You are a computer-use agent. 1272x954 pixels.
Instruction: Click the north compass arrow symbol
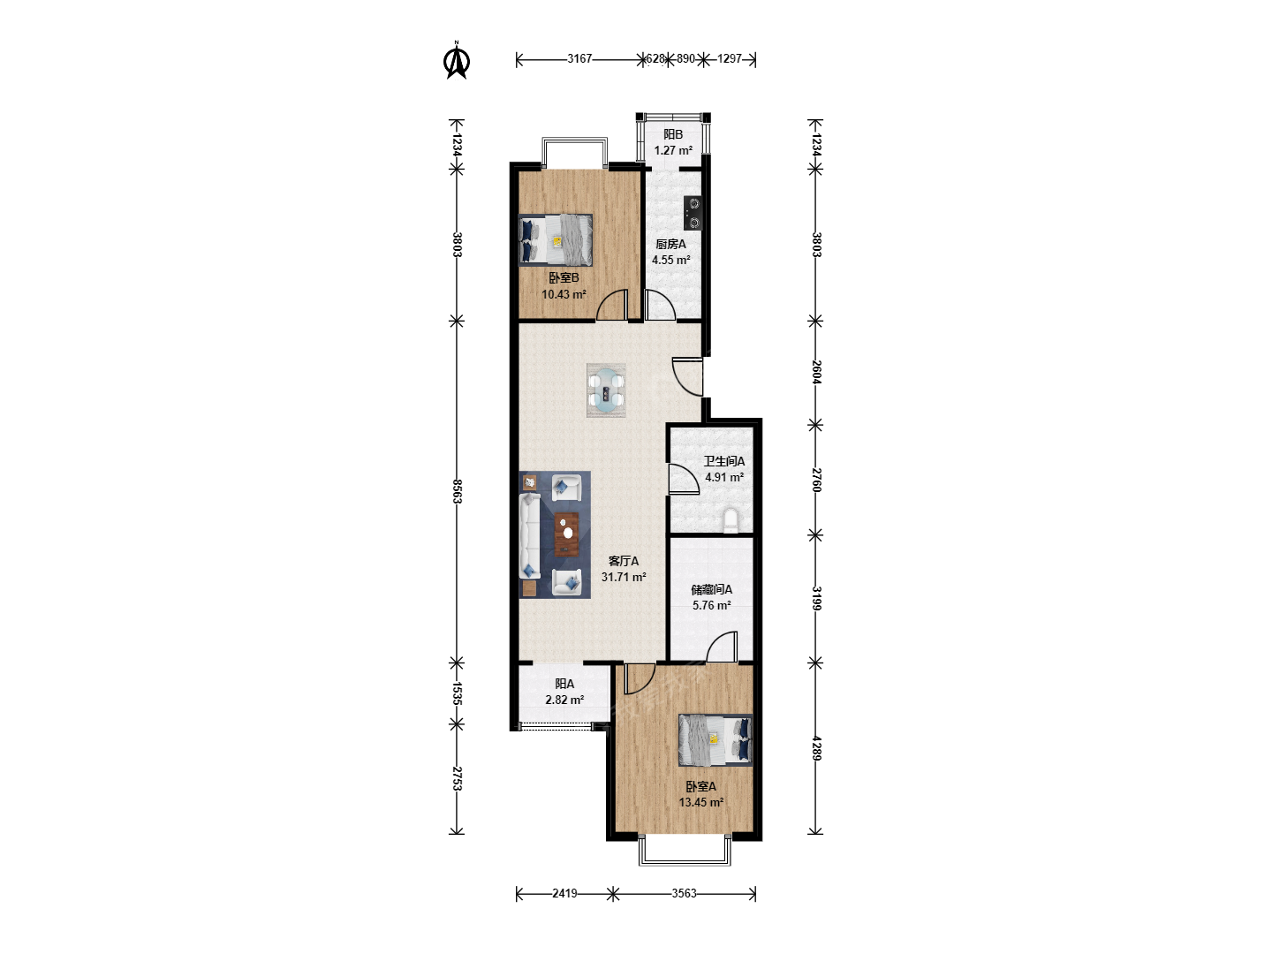pyautogui.click(x=457, y=61)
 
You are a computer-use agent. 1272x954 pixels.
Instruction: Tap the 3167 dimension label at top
pyautogui.click(x=579, y=59)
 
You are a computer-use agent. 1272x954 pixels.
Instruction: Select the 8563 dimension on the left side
pyautogui.click(x=457, y=491)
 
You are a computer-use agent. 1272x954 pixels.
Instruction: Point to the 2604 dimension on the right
pyautogui.click(x=815, y=373)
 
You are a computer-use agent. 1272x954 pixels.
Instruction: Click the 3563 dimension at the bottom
pyautogui.click(x=684, y=893)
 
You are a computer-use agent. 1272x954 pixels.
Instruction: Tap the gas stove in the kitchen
pyautogui.click(x=693, y=213)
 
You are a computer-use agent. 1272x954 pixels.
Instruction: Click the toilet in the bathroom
pyautogui.click(x=731, y=519)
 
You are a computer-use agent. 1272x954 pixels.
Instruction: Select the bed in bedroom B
pyautogui.click(x=555, y=239)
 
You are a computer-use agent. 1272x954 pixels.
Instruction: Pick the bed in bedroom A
pyautogui.click(x=715, y=739)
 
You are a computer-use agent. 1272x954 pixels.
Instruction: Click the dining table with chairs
pyautogui.click(x=606, y=390)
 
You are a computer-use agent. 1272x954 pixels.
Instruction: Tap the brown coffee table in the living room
pyautogui.click(x=567, y=534)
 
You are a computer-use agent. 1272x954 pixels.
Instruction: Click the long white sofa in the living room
pyautogui.click(x=530, y=536)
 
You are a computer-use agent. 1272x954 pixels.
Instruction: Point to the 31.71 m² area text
pyautogui.click(x=624, y=577)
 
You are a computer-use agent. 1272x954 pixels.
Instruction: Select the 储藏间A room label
pyautogui.click(x=712, y=590)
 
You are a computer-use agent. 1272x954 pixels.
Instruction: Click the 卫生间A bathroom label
pyautogui.click(x=724, y=462)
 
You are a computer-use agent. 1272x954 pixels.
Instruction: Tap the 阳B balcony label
pyautogui.click(x=673, y=134)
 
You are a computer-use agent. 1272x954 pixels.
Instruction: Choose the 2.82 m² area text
pyautogui.click(x=564, y=700)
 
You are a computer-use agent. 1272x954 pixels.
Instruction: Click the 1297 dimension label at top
pyautogui.click(x=729, y=59)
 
